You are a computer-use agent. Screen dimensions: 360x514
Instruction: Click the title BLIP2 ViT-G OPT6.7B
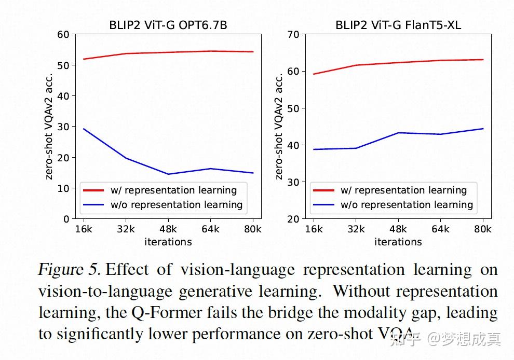[x=168, y=24]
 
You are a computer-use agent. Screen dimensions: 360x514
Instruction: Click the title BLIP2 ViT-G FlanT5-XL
[x=398, y=24]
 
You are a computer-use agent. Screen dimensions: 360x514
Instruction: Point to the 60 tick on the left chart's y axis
[x=63, y=35]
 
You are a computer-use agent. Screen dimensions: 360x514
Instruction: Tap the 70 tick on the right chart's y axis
[x=293, y=35]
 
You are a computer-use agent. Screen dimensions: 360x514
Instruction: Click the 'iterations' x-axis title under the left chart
[x=168, y=242]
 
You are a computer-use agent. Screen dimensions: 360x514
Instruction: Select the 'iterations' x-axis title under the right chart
[x=398, y=242]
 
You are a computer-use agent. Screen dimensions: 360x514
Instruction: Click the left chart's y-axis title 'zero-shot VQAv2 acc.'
[x=49, y=126]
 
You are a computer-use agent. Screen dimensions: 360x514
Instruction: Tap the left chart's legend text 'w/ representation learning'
[x=173, y=190]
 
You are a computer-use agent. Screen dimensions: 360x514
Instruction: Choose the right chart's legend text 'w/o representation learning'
[x=407, y=205]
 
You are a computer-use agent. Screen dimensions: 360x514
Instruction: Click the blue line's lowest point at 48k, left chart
[x=168, y=174]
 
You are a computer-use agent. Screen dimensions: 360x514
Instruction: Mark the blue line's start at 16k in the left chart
[x=84, y=129]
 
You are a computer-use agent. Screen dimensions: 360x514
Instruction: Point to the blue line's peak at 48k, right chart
[x=398, y=133]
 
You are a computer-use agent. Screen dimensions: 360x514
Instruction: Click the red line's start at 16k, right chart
[x=313, y=74]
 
